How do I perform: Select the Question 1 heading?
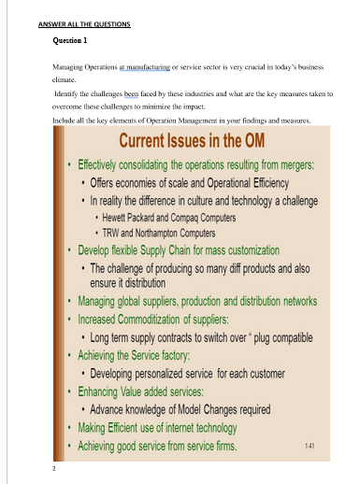click(x=71, y=42)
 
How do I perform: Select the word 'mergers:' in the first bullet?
click(x=291, y=164)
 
